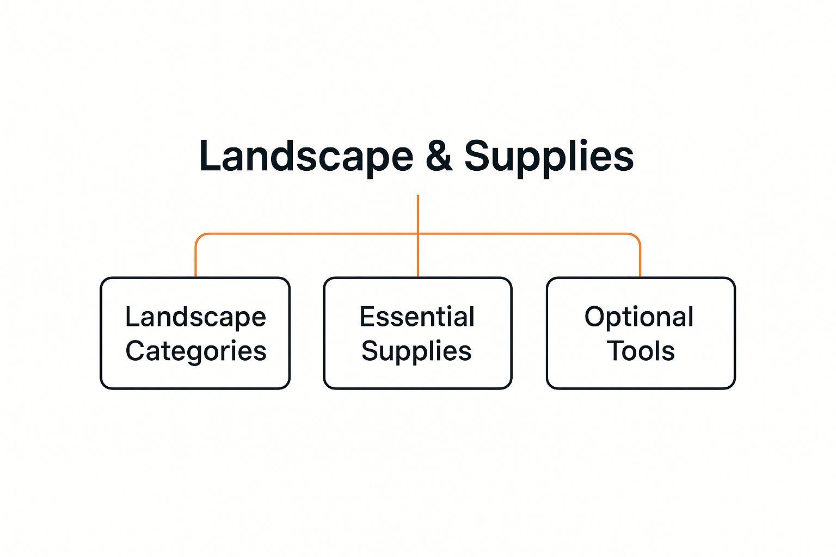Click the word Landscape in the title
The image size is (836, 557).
306,156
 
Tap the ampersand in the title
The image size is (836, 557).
439,157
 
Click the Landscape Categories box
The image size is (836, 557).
195,333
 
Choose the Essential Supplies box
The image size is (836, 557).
417,333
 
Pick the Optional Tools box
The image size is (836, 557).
641,333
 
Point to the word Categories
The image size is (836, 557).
196,351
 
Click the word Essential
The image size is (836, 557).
417,317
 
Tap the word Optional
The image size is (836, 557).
639,317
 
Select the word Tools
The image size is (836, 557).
641,351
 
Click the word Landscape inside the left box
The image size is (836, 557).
195,317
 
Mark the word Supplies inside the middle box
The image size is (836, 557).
416,351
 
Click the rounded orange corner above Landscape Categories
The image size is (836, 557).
199,238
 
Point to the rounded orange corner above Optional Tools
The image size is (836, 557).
636,238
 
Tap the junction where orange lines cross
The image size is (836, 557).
417,234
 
